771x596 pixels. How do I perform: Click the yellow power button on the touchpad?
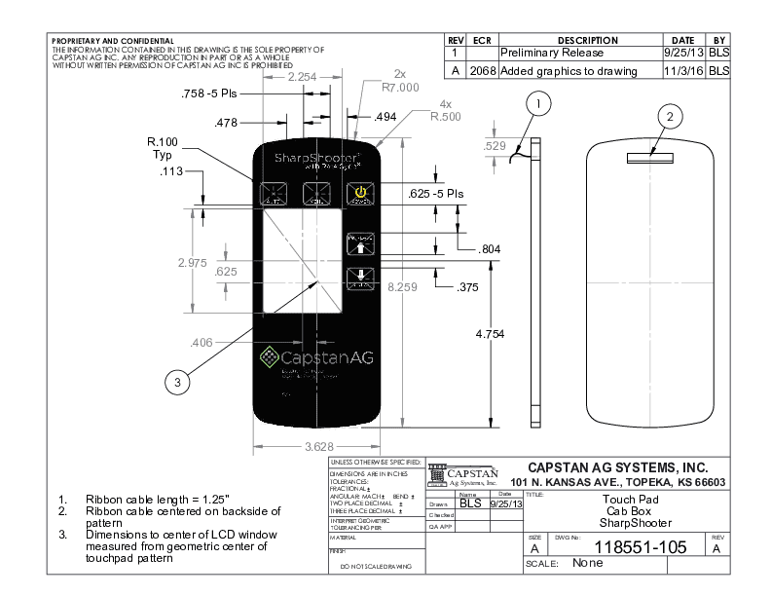pyautogui.click(x=360, y=193)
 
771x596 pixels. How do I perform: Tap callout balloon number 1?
pyautogui.click(x=539, y=102)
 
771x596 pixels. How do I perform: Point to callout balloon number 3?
pyautogui.click(x=176, y=383)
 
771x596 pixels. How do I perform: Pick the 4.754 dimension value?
pyautogui.click(x=491, y=334)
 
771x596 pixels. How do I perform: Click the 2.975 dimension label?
pyautogui.click(x=191, y=263)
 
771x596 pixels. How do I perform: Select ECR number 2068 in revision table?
pyautogui.click(x=483, y=71)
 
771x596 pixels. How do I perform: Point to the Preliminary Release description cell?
pyautogui.click(x=552, y=53)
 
